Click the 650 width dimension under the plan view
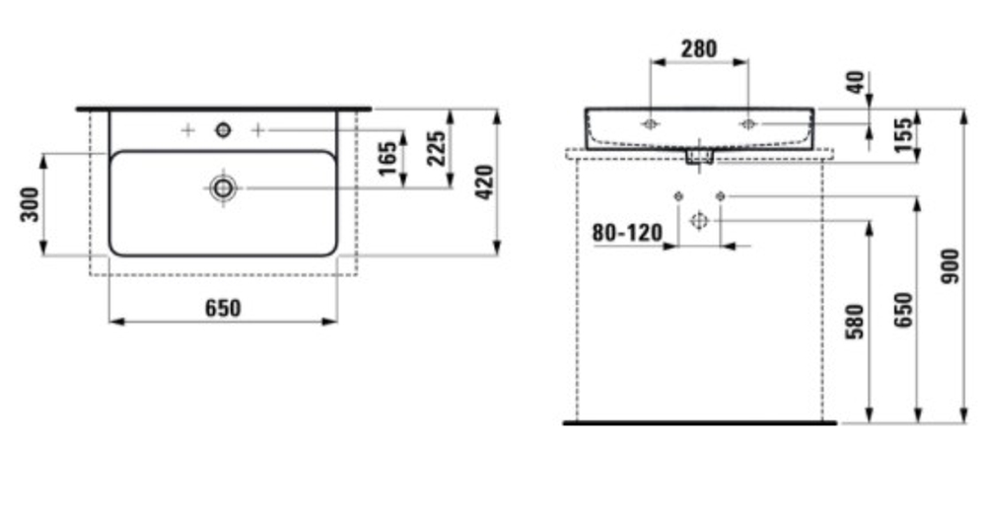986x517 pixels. tap(223, 308)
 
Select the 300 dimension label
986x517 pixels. tap(30, 204)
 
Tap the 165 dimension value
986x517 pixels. tap(387, 159)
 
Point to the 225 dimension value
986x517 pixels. tap(437, 148)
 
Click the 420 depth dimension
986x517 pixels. tap(485, 183)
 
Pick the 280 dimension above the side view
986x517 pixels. tap(699, 48)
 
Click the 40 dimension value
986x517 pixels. tap(856, 83)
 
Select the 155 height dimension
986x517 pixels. tap(903, 134)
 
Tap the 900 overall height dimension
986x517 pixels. tap(951, 266)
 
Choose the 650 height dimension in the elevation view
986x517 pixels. tap(903, 310)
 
